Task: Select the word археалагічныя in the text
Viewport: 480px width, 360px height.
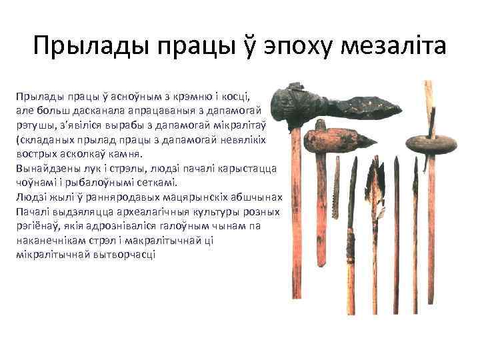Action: point(150,211)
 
